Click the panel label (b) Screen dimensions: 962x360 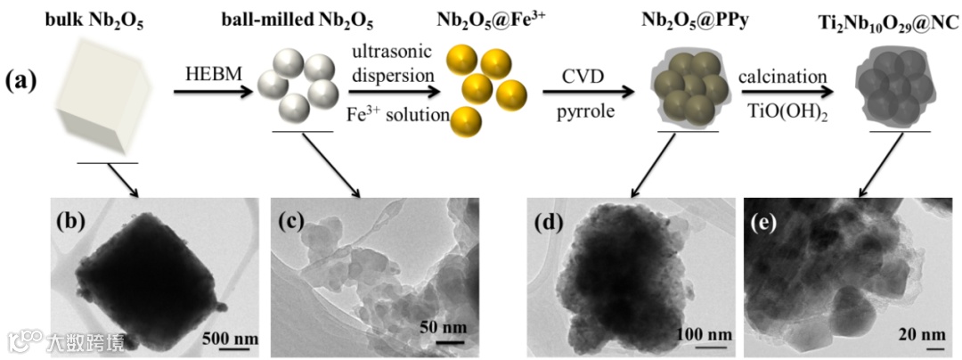point(69,221)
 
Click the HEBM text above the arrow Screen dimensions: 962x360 point(208,75)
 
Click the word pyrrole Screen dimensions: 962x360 point(583,112)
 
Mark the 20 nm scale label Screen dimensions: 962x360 point(921,335)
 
